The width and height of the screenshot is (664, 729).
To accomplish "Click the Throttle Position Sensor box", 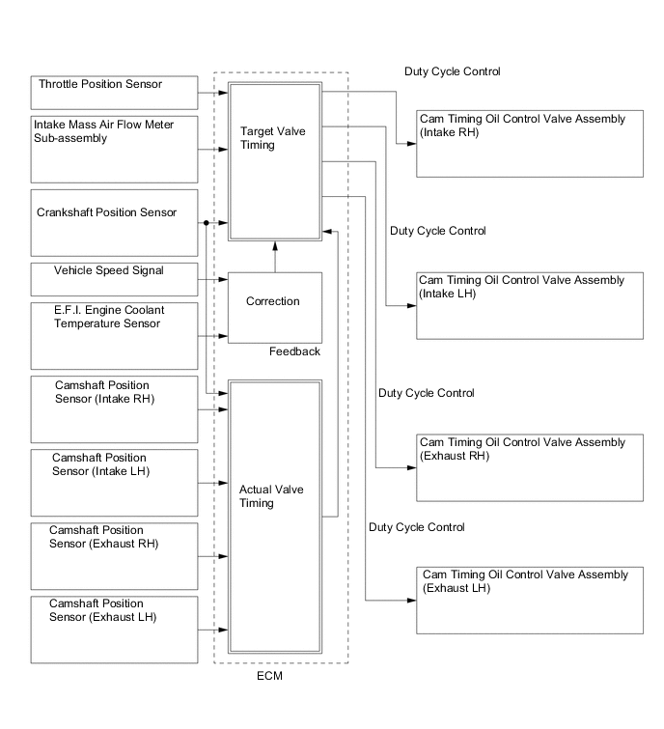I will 114,93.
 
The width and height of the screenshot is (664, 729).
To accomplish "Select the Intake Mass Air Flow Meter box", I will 114,149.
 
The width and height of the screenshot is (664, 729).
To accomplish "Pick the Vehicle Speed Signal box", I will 114,279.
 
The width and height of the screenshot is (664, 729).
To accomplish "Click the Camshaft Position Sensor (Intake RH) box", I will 114,408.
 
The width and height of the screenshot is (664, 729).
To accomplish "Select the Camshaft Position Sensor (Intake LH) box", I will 114,482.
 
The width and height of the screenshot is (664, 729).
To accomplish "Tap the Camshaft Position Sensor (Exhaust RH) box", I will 114,554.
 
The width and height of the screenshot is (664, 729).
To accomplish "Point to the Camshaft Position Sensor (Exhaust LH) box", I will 114,629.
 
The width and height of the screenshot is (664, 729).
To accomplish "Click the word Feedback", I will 294,351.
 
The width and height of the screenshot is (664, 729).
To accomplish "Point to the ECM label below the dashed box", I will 270,676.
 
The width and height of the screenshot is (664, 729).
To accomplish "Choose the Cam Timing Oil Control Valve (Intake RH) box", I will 530,144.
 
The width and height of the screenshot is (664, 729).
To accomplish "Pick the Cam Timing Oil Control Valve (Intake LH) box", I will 530,305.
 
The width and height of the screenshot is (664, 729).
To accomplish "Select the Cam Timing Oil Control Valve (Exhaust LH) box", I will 530,601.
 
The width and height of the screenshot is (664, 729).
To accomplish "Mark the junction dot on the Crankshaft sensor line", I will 207,224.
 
